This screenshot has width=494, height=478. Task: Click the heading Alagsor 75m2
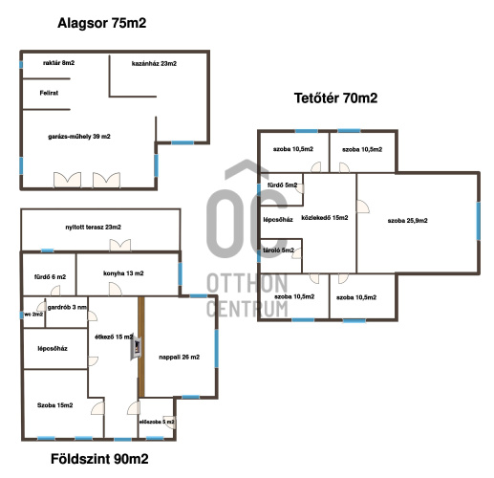102,23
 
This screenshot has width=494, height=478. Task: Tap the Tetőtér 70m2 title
335,98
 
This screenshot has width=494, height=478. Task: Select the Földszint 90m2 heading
99,459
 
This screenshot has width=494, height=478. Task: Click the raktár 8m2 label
59,63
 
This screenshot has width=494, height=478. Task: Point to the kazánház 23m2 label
154,64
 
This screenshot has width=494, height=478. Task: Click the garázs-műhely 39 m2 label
79,137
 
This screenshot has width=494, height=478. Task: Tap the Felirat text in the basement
49,93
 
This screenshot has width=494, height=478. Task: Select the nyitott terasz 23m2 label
94,228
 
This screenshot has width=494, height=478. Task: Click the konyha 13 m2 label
123,273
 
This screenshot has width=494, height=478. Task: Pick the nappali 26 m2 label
180,358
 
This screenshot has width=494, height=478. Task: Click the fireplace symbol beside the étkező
136,347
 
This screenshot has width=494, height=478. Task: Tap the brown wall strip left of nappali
141,347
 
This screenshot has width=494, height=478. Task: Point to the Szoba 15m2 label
55,405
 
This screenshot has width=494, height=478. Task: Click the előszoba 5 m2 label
157,422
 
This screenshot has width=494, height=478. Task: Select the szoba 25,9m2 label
408,221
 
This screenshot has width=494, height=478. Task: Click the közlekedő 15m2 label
325,218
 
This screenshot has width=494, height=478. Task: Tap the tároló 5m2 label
279,250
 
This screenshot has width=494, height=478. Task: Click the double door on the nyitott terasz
120,245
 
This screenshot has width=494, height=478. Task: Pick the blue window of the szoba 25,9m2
478,221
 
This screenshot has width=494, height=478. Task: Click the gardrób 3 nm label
67,308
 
